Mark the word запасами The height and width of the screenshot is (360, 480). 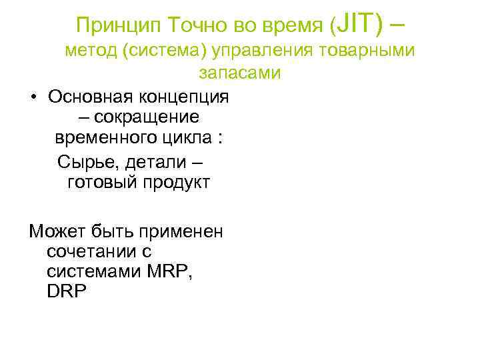tap(239, 73)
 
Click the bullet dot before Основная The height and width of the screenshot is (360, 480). tap(32, 97)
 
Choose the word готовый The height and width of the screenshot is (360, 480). tap(99, 183)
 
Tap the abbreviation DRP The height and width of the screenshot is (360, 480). tap(67, 293)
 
